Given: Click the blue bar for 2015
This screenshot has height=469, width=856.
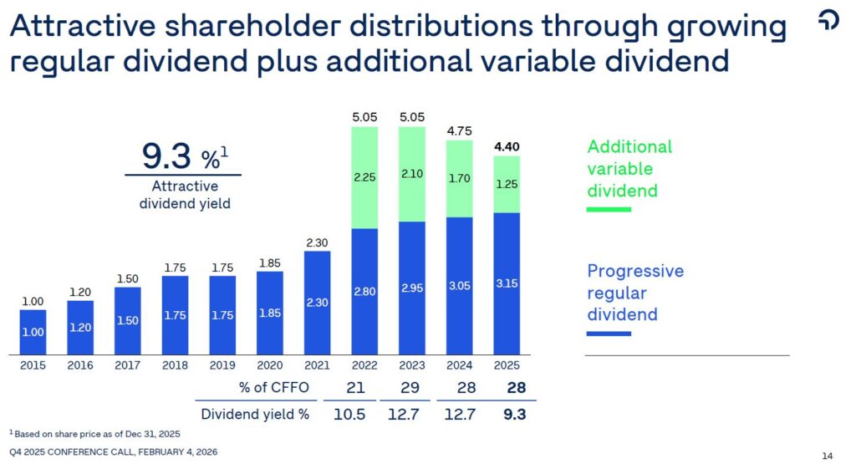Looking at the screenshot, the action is point(33,333).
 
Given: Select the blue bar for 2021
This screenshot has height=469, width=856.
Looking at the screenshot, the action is point(317,303).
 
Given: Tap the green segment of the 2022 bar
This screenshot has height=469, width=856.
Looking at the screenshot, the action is point(364,177).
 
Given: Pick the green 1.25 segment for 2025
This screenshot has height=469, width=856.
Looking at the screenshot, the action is point(507,185).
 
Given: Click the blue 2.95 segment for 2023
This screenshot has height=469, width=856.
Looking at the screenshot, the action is point(412,288).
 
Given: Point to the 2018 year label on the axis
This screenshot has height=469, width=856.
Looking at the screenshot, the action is point(175,365).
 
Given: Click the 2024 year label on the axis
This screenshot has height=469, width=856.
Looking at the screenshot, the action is point(459,365).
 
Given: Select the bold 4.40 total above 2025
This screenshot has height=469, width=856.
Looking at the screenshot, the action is point(507,146).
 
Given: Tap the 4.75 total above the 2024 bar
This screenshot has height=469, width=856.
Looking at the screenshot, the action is point(459,131).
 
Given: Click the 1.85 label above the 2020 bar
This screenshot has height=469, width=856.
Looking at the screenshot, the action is point(270,263).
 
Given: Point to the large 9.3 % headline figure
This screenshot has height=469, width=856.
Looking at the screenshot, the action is point(185,156).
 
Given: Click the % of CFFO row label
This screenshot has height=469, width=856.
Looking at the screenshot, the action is point(274,387).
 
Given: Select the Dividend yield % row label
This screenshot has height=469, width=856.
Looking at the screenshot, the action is point(255,414).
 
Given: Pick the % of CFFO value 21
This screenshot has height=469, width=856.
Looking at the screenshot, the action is point(355,387).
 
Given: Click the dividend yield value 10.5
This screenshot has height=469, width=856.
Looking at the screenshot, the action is point(349,414).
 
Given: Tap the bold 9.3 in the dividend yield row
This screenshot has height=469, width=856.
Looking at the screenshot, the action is point(515,414).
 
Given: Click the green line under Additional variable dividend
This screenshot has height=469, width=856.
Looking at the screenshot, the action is point(609,209).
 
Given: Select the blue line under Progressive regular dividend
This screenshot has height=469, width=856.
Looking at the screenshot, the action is point(609,333).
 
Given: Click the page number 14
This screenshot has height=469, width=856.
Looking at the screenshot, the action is point(827,456).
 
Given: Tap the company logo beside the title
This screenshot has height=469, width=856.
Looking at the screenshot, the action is point(828,20).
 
